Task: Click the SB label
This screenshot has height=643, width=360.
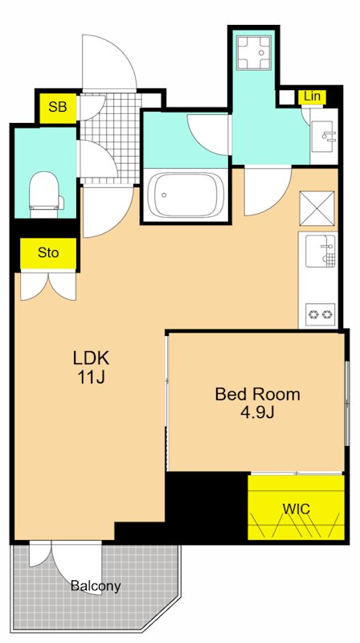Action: [x=57, y=107]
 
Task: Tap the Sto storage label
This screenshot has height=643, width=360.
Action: [x=48, y=252]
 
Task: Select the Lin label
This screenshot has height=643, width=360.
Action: [x=313, y=96]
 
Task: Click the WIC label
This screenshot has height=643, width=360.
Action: [x=296, y=509]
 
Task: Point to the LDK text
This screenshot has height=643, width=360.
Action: [x=91, y=358]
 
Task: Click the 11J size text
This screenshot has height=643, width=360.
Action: [x=91, y=377]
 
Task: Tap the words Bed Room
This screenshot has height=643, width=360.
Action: [x=257, y=394]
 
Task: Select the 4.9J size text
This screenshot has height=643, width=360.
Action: [x=257, y=412]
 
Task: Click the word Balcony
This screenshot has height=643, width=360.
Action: [x=96, y=586]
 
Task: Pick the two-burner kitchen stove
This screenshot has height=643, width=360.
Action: [x=320, y=314]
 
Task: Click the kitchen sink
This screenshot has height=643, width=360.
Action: [x=321, y=251]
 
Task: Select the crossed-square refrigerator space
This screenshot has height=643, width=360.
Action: [x=317, y=208]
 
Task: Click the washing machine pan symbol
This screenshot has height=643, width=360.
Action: [x=254, y=52]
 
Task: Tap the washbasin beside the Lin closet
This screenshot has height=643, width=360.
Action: [x=324, y=136]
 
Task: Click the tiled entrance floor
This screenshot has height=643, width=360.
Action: [x=109, y=138]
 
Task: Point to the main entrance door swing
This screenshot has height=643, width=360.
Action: [x=109, y=62]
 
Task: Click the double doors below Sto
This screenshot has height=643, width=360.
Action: [x=48, y=286]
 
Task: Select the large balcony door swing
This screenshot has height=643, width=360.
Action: [x=76, y=565]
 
